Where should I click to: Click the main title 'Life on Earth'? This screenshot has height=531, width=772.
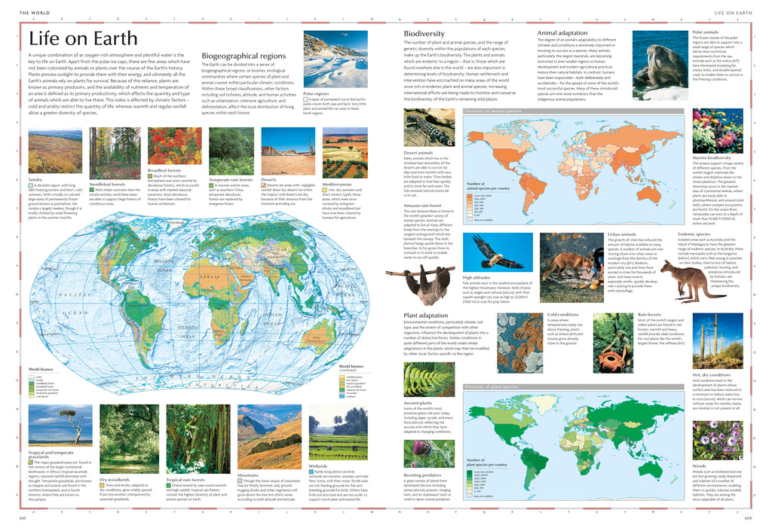pos(83,39)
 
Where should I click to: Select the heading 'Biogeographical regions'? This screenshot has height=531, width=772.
pos(244,56)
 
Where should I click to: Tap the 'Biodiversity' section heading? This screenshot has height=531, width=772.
pos(424,34)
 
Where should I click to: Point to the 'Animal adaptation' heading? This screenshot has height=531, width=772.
pos(562,33)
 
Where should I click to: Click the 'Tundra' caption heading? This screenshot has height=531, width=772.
pos(35,179)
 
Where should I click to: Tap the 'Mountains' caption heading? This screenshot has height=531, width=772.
pos(249,475)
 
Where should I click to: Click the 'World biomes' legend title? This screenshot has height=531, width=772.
pos(41,369)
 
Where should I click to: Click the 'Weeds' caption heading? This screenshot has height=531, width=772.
pos(700,465)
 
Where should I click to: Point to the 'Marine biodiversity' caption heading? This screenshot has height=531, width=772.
pos(712,157)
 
